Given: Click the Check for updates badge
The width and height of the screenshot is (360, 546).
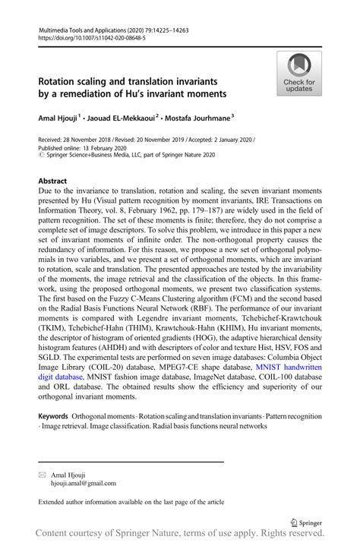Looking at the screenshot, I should (299, 73).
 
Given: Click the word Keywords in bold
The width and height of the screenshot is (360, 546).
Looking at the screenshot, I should (53, 417).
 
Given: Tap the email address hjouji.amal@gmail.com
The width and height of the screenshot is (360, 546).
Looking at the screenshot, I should (83, 482).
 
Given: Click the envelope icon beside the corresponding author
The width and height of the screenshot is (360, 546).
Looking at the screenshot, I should (42, 474).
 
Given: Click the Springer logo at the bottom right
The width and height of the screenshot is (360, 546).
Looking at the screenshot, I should (306, 522).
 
